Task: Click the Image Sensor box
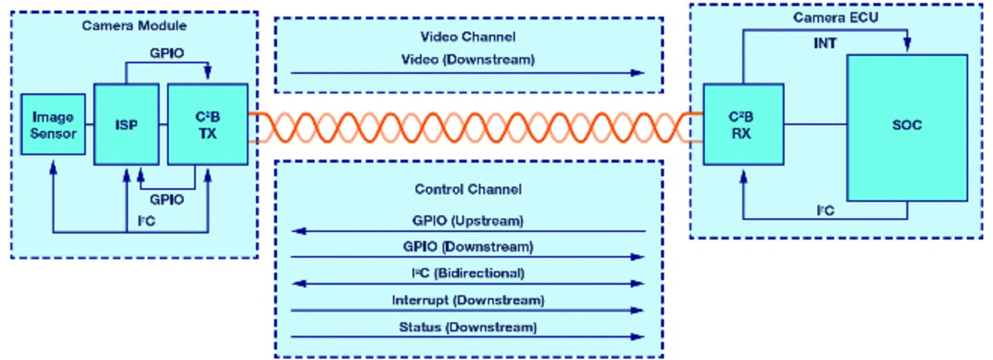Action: tap(53, 124)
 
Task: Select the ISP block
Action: tap(126, 124)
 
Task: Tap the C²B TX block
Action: tap(208, 124)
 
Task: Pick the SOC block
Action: tap(907, 124)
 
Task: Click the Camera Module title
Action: tap(134, 26)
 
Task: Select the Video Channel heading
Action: tap(468, 36)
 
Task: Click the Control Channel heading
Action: tap(468, 189)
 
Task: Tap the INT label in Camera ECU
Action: tap(825, 43)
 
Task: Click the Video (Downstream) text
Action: tap(468, 59)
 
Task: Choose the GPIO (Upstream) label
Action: tap(468, 220)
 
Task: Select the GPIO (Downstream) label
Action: tap(468, 247)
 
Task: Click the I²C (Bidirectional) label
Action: tap(468, 273)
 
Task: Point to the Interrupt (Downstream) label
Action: tap(468, 299)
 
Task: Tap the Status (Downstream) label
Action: tap(468, 326)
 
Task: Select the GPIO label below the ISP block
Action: tap(166, 199)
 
